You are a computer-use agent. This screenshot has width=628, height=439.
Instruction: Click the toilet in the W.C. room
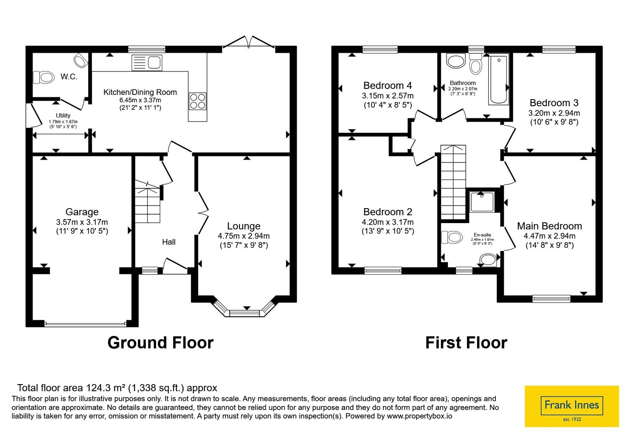coord(44,77)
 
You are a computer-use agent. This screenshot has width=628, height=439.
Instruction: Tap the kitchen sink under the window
coord(147,62)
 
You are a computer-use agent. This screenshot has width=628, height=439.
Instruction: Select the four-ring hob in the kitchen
coord(198,101)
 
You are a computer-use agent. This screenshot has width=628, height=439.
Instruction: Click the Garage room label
coord(82,212)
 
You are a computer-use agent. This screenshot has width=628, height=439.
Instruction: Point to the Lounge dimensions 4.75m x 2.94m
coord(244,236)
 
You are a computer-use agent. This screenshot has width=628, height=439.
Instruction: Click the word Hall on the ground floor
coord(169,242)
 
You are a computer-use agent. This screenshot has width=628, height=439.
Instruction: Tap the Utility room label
coord(63,115)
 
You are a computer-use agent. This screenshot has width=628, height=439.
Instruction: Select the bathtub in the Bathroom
coord(498,80)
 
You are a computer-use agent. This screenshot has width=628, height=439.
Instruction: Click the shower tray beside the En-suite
coord(482,201)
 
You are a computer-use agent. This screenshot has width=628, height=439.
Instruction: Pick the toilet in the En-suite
coord(452,238)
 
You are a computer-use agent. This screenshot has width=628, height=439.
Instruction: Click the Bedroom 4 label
coord(387,85)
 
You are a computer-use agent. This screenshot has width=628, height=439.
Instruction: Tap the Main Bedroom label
coord(549,226)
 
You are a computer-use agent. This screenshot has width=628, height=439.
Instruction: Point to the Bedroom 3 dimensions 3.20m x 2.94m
coord(554,113)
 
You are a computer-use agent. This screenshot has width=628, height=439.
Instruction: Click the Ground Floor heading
coord(161,343)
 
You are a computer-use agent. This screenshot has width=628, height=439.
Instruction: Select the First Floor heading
coord(466,343)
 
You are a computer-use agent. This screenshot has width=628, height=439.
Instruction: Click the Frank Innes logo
coord(571,406)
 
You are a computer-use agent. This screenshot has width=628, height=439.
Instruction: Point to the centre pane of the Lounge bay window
coord(245,313)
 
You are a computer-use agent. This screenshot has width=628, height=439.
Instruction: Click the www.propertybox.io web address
coord(420,416)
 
